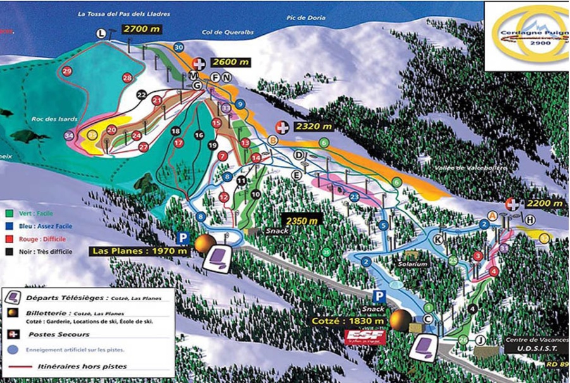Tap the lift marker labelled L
pos(101,34)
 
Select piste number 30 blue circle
pos(178,47)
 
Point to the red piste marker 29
pos(67,71)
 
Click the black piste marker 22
pos(142,95)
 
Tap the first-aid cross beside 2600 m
pos(199,63)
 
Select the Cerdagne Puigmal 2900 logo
pos(526,35)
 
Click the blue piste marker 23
pos(354,197)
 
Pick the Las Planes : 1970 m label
pos(140,251)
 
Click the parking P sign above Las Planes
pos(183,238)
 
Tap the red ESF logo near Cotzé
pos(364,337)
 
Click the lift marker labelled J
pos(481,341)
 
